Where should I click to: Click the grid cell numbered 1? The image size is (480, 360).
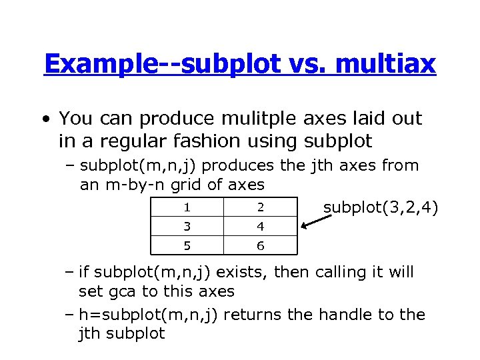187,207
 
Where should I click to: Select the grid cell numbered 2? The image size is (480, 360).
261,207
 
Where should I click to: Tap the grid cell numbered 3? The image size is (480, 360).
187,227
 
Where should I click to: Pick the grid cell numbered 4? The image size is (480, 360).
261,227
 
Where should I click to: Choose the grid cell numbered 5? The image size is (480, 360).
187,246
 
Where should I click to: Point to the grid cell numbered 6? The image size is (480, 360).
261,246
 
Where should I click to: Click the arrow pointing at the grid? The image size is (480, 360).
317,221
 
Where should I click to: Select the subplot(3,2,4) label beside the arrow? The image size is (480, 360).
381,208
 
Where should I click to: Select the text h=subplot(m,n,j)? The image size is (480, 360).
147,314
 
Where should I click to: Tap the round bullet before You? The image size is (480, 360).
44,120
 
